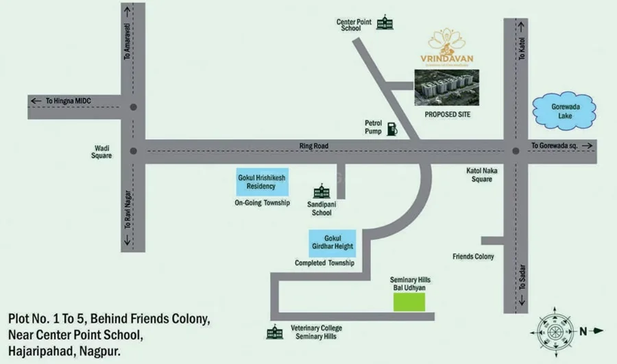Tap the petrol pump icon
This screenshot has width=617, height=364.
[391, 129]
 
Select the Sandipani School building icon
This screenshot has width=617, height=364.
[321, 193]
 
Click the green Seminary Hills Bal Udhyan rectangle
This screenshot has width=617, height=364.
[413, 302]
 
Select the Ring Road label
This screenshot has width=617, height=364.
[315, 146]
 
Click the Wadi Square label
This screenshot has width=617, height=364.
[104, 151]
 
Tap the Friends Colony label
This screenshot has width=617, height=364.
[473, 257]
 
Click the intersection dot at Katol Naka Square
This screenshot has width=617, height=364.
[516, 151]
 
